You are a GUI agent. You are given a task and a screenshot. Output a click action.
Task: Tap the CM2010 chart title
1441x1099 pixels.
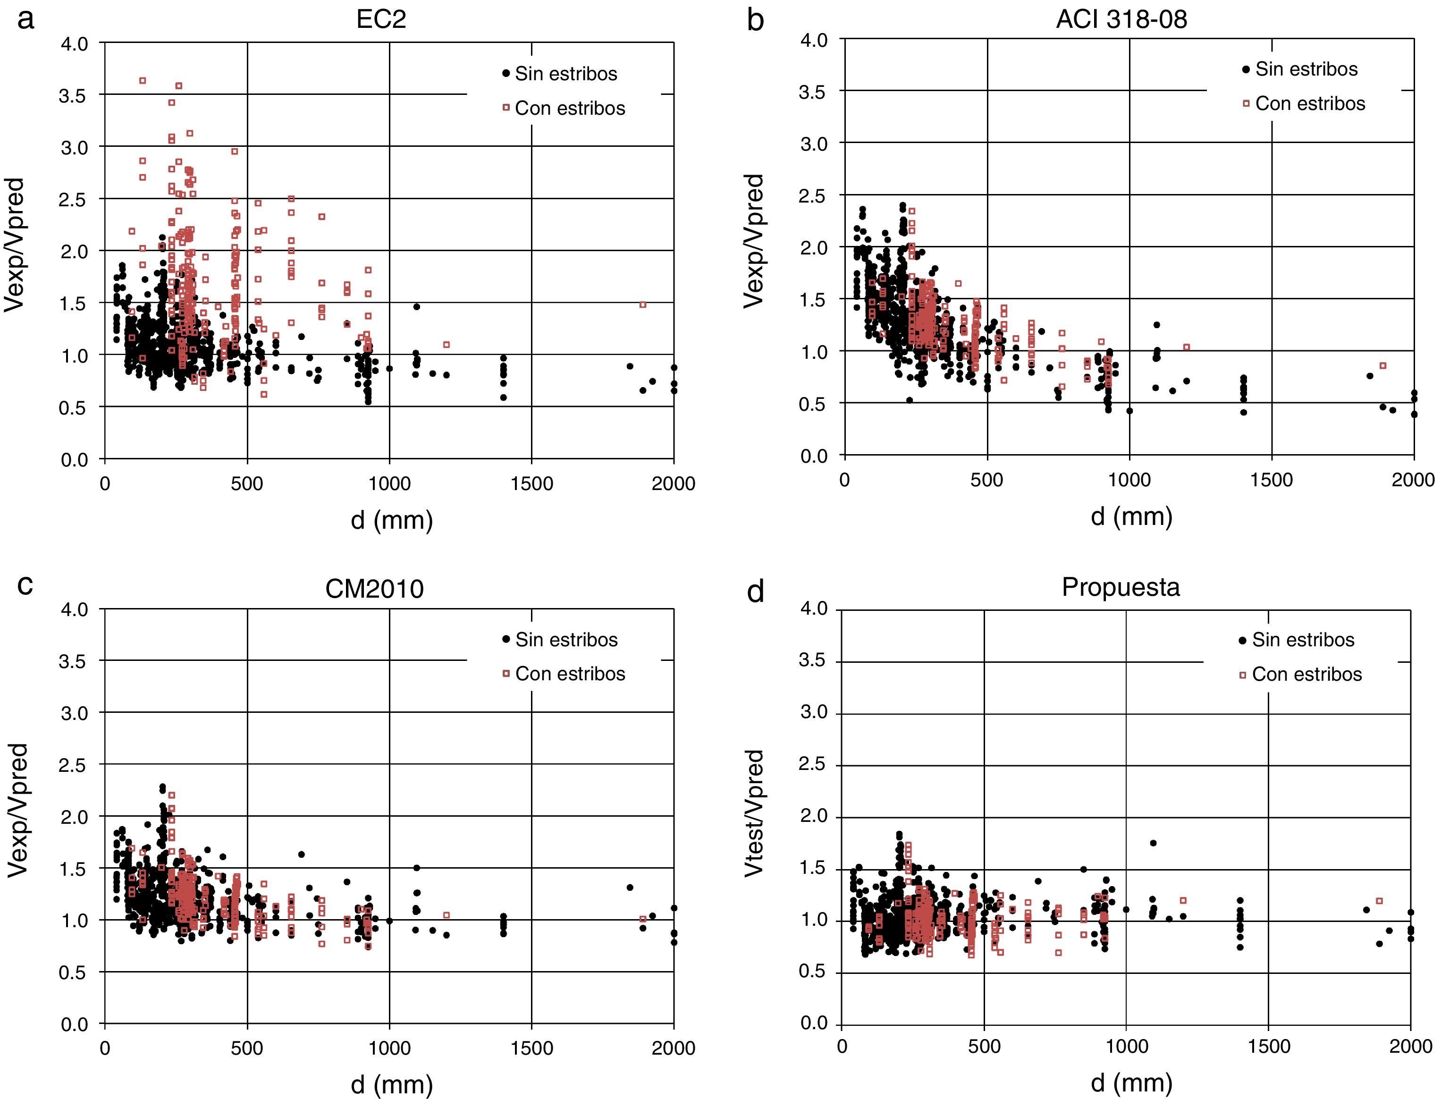click(374, 590)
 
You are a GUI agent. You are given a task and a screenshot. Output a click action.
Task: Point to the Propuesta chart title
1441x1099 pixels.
click(1121, 587)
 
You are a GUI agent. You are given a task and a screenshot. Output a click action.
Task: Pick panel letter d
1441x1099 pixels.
click(756, 592)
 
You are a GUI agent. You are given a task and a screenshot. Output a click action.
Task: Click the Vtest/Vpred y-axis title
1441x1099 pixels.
click(754, 812)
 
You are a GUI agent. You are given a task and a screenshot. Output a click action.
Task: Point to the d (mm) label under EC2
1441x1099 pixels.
click(392, 520)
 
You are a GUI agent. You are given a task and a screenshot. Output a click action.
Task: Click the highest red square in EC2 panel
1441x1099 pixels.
click(143, 80)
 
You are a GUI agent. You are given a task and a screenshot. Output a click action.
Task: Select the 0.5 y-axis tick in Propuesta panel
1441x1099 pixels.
click(813, 972)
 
